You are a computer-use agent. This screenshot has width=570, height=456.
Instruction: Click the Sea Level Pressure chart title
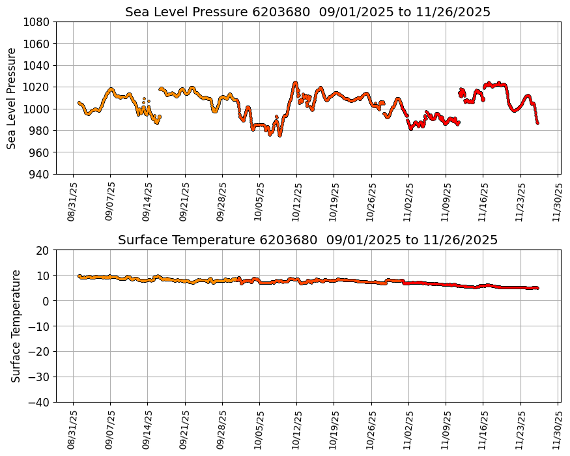(x=307, y=12)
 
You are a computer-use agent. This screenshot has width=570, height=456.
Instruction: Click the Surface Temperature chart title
(x=307, y=240)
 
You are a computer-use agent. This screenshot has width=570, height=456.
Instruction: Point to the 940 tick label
(x=40, y=174)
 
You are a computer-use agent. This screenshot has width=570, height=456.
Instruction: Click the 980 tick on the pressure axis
(x=40, y=130)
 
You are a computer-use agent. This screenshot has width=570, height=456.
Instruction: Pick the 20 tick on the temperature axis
(x=44, y=250)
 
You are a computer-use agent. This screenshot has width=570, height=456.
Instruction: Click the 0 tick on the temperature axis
(x=47, y=301)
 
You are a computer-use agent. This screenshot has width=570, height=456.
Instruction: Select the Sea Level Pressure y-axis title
(x=12, y=98)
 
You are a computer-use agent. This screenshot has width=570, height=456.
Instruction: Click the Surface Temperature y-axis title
(x=16, y=326)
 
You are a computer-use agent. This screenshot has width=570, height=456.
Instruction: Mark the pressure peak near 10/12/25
(x=295, y=82)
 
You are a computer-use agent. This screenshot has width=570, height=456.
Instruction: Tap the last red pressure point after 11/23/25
(x=537, y=122)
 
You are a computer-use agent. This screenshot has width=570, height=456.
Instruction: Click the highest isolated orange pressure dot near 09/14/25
(x=144, y=98)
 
